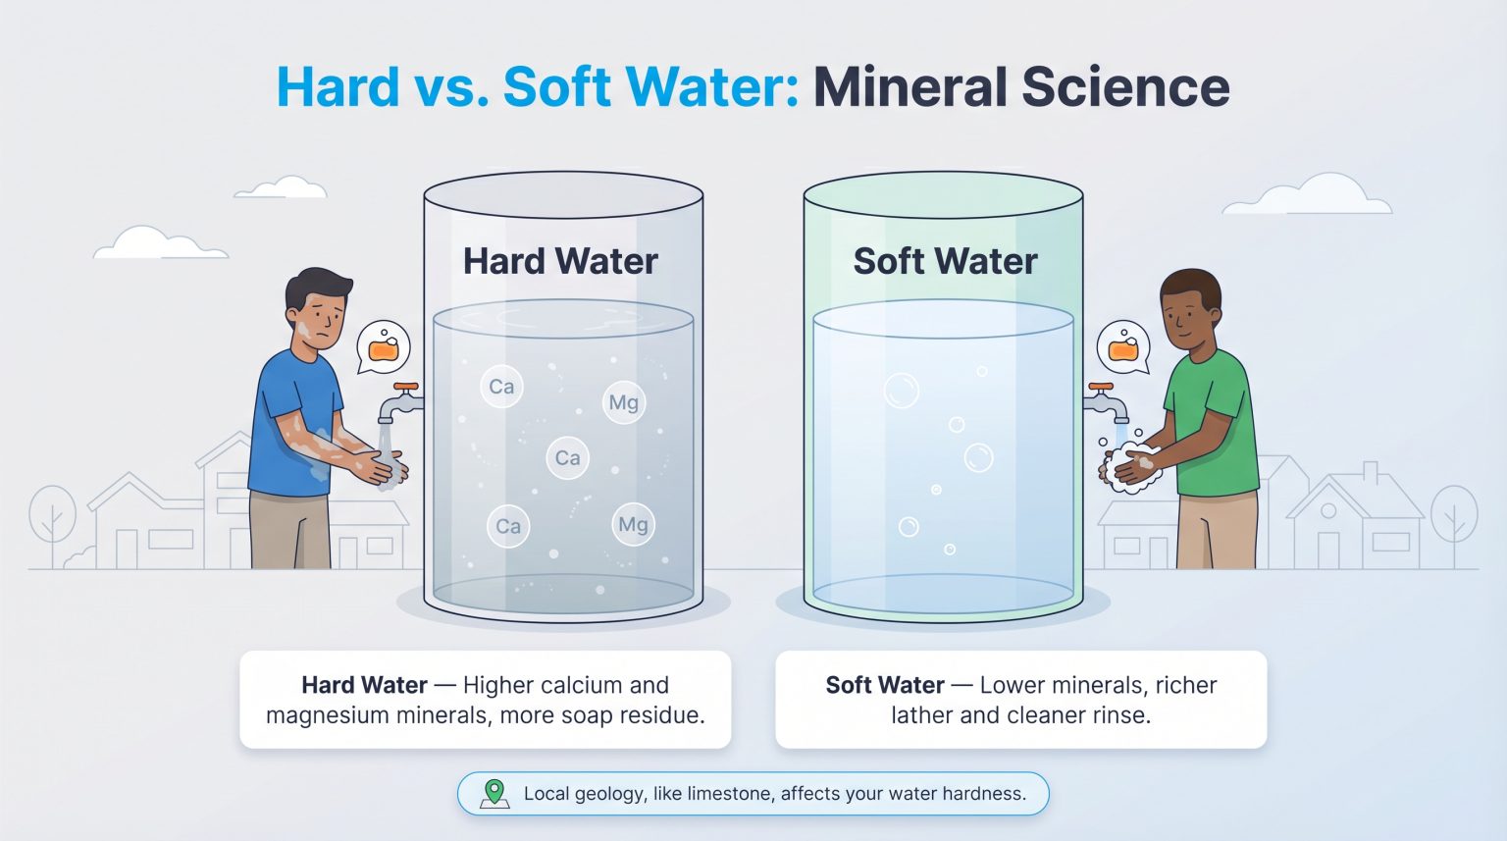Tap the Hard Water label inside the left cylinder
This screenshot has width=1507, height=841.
coord(560,261)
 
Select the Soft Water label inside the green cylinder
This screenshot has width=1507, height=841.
coord(945,261)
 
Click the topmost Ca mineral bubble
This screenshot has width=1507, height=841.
coord(501,387)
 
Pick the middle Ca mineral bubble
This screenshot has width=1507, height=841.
coord(567,458)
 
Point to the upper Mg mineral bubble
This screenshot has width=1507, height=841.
coord(624,402)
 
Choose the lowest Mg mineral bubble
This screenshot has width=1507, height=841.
coord(633,524)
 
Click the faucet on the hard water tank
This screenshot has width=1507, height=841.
coord(401,402)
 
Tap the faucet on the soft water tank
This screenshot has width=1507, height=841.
coord(1106,402)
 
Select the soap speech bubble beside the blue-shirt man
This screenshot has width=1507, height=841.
coord(383,347)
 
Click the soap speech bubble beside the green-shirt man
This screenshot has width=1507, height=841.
coord(1123,347)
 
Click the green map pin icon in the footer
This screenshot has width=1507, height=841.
coord(494,793)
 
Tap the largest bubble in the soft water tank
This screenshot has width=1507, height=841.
coord(901,391)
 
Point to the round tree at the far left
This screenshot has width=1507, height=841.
coord(52,515)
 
